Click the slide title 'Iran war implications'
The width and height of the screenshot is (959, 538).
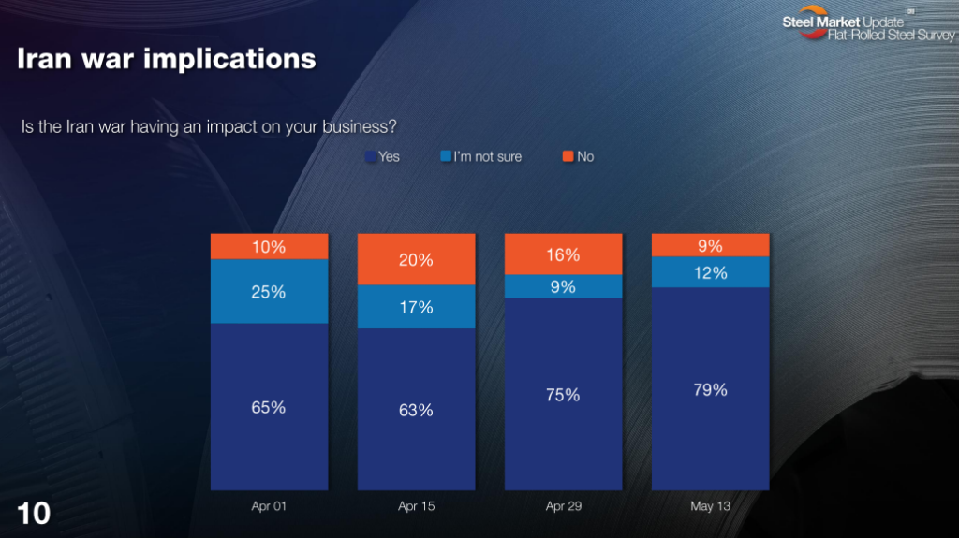(x=167, y=59)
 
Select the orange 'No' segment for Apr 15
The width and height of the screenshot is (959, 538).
(x=417, y=259)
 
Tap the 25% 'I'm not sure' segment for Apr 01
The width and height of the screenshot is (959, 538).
(x=269, y=292)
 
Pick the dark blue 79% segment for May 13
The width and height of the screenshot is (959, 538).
(x=710, y=389)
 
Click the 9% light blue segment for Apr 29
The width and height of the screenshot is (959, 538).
(x=563, y=286)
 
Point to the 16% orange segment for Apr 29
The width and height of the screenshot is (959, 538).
(x=563, y=254)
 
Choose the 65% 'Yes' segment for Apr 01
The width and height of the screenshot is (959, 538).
(x=269, y=407)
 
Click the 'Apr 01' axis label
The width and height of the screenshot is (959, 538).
(x=269, y=506)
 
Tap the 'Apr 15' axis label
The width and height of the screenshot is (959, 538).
(x=417, y=506)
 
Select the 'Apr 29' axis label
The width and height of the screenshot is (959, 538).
(x=563, y=506)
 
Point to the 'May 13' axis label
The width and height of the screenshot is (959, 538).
(x=710, y=506)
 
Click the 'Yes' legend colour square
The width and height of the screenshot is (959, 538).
(x=370, y=156)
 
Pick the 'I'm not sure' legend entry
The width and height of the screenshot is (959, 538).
(x=480, y=156)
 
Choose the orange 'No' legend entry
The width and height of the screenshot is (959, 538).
(x=578, y=156)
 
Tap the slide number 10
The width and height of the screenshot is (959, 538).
(x=34, y=514)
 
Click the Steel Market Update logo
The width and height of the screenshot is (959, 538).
(x=868, y=24)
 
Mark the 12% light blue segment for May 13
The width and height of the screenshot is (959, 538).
(x=710, y=272)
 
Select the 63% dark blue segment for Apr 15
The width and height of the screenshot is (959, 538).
(x=417, y=410)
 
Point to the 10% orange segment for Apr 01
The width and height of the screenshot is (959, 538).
(x=269, y=246)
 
